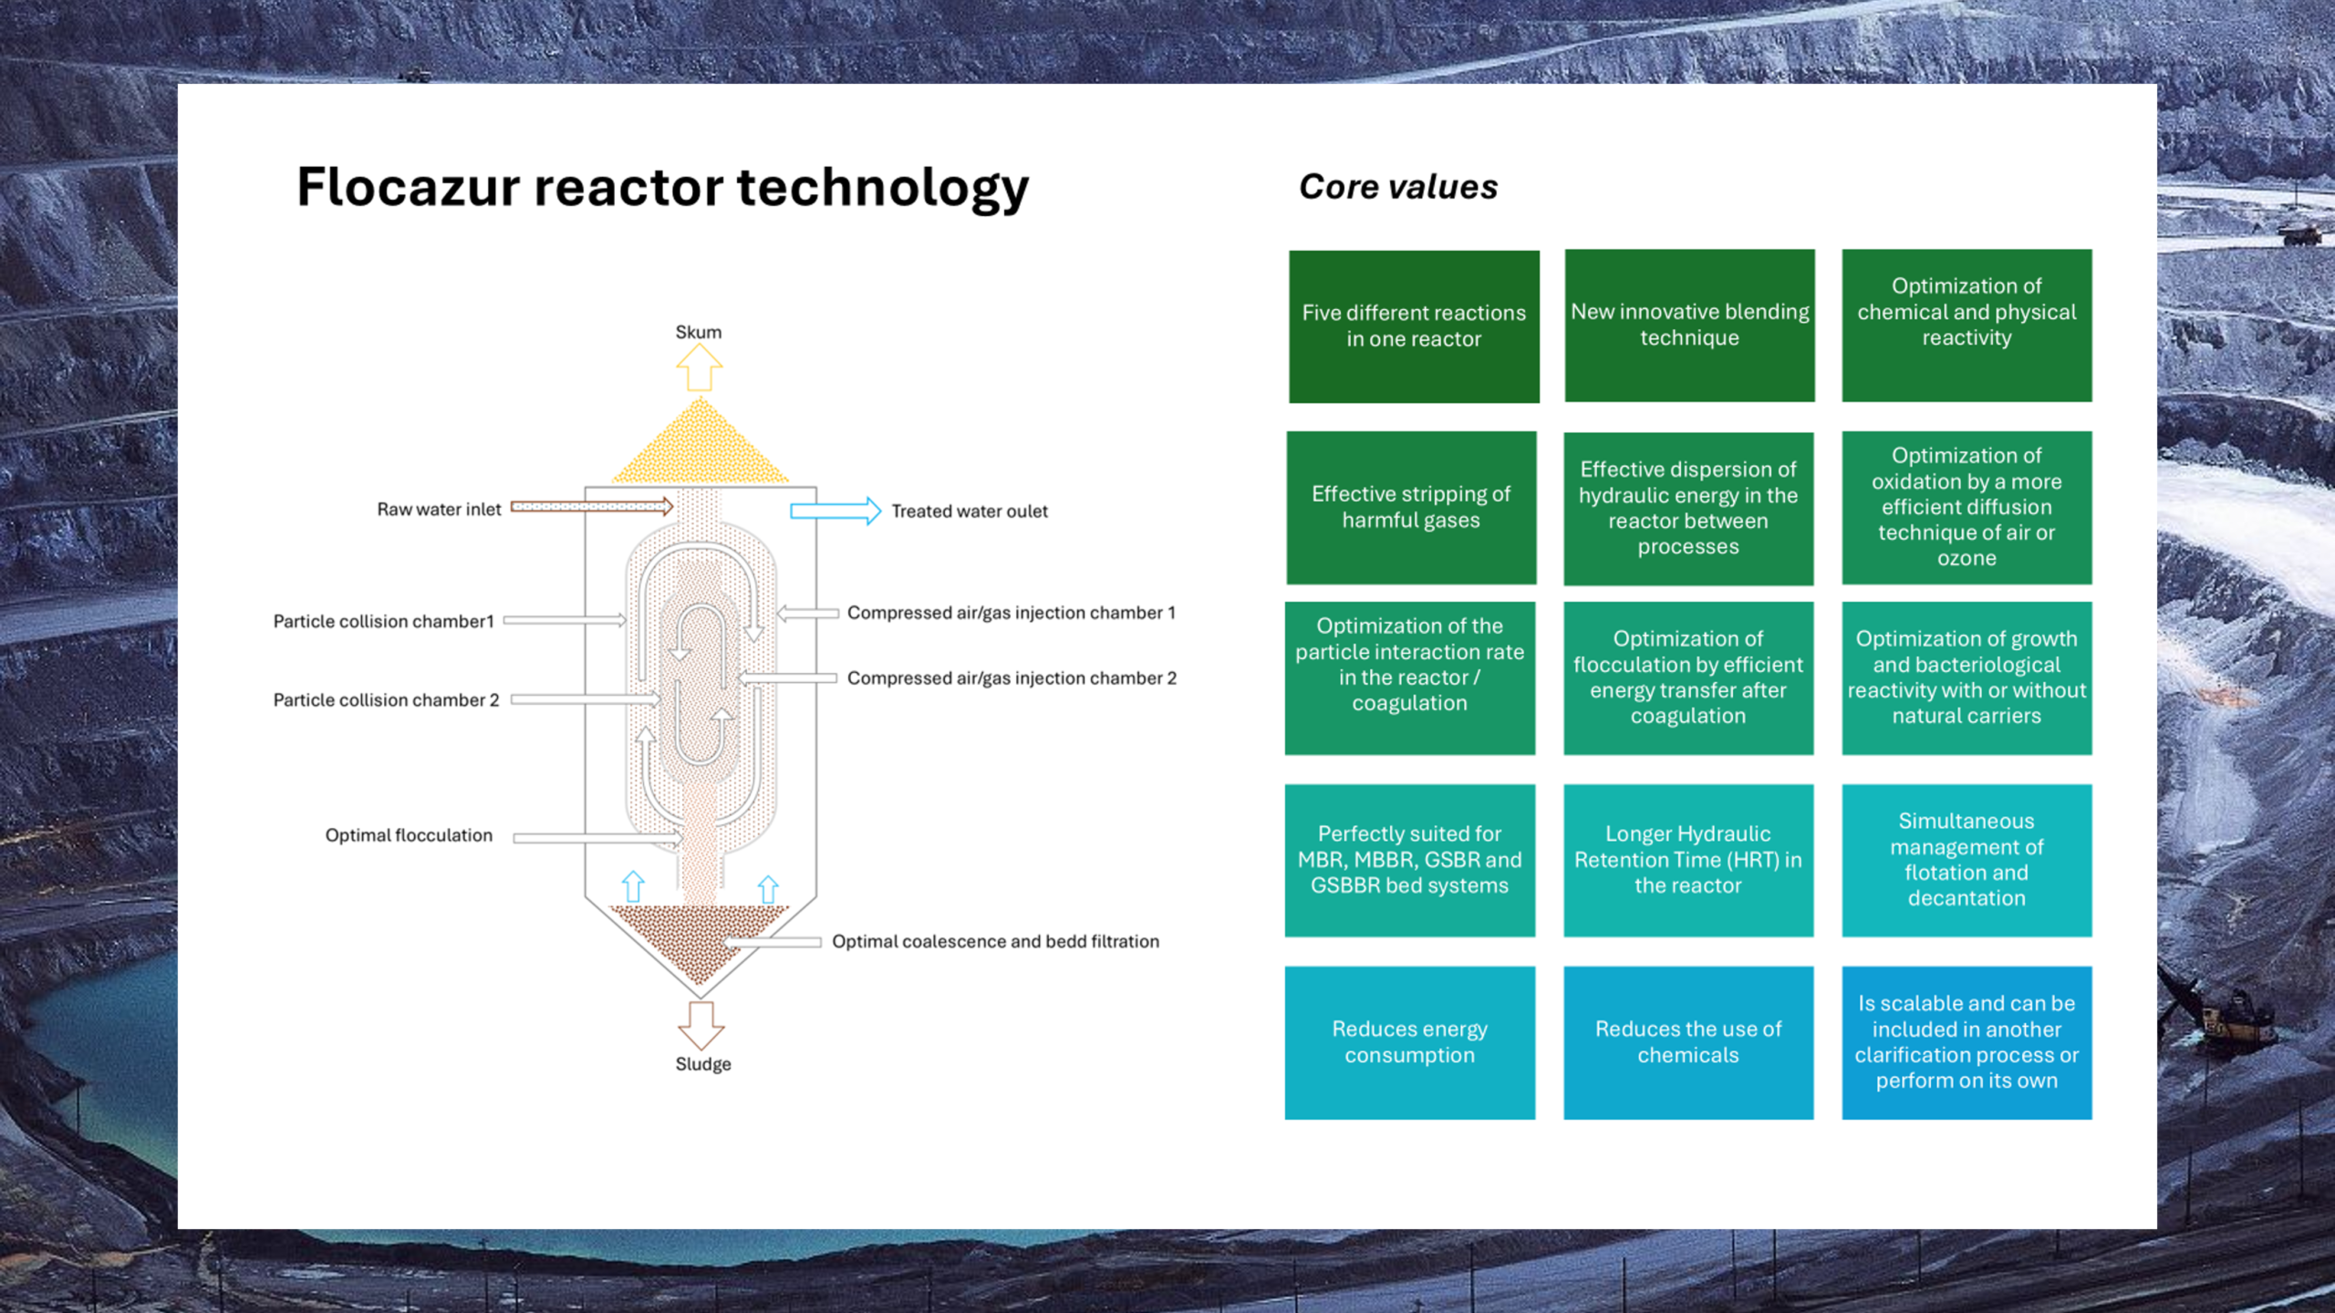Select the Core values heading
point(1397,187)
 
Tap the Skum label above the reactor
point(698,332)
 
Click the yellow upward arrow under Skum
point(700,369)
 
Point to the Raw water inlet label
point(439,510)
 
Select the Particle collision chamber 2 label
point(386,700)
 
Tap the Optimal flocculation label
point(409,835)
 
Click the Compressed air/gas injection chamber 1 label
point(1011,613)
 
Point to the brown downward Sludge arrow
point(700,1025)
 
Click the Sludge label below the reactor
point(702,1064)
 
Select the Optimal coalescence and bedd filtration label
point(995,941)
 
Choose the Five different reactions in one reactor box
point(1414,326)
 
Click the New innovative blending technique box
point(1689,326)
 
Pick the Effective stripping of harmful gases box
point(1411,508)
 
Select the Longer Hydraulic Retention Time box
point(1688,860)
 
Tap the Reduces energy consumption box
point(1409,1042)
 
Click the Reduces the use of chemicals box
point(1688,1042)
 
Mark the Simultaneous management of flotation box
point(1967,860)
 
